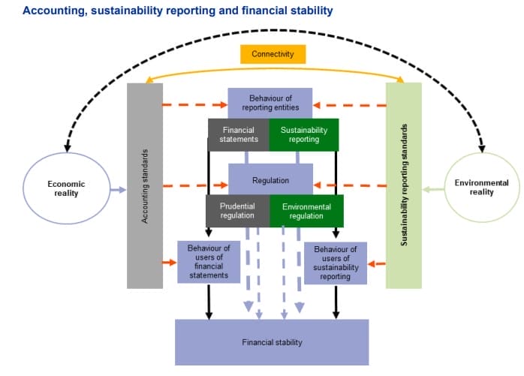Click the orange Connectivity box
[x=273, y=54]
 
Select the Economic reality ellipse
[x=66, y=188]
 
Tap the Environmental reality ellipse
[x=481, y=187]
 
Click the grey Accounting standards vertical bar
[x=145, y=185]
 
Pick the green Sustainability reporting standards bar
[x=404, y=185]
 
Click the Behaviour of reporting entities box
[x=270, y=103]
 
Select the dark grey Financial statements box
[x=239, y=134]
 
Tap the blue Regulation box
[x=270, y=181]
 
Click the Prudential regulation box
[x=237, y=211]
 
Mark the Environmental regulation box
[x=306, y=211]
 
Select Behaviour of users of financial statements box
[x=209, y=261]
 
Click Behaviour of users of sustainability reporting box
[x=335, y=263]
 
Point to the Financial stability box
[x=272, y=342]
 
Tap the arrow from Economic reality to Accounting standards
[x=118, y=190]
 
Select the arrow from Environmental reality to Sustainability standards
[x=432, y=189]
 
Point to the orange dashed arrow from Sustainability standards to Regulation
[x=349, y=184]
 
